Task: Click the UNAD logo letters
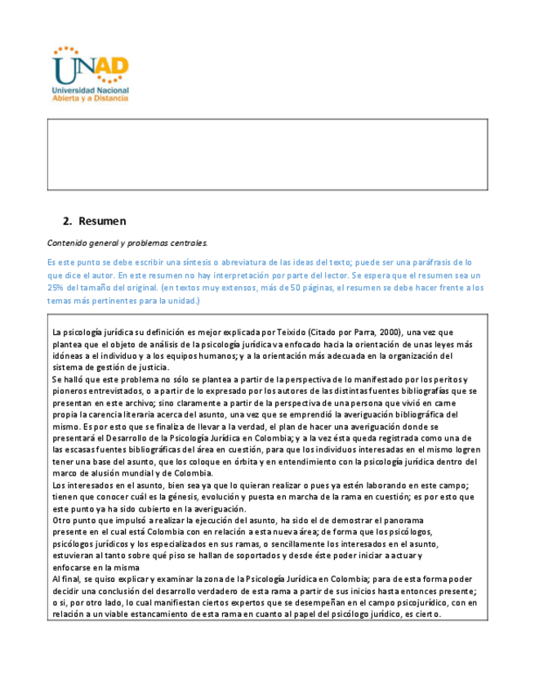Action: tap(90, 65)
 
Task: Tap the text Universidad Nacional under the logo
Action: tap(90, 89)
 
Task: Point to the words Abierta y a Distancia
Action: tap(90, 97)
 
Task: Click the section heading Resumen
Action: tap(102, 221)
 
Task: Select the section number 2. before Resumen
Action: tap(68, 221)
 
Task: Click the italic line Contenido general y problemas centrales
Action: tap(127, 243)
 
